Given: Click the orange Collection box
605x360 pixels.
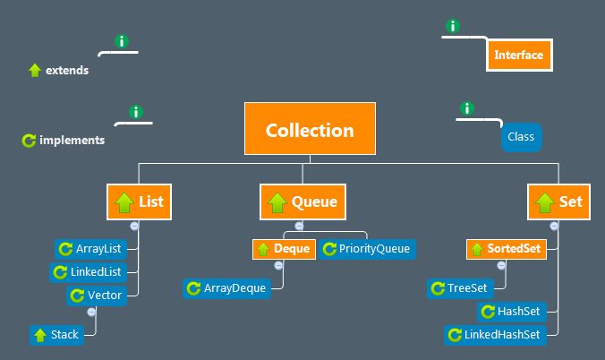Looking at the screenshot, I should coord(310,130).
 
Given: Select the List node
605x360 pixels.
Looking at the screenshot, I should coord(139,202).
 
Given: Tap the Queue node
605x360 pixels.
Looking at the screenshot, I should coord(302,202).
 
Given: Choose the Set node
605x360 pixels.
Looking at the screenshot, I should coord(558,202).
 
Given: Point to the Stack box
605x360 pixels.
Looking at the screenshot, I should coord(56,335).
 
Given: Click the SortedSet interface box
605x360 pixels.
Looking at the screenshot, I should coord(506,248).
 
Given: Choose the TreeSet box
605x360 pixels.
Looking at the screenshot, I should coord(459,287).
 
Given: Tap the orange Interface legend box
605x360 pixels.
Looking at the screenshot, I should coord(518,56).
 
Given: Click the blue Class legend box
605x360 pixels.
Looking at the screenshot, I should coord(521,137).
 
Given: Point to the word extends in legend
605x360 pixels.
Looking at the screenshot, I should coord(67,70).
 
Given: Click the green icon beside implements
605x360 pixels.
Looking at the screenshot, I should coord(28,141).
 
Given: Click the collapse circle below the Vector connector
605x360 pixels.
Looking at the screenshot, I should coord(91,312).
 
